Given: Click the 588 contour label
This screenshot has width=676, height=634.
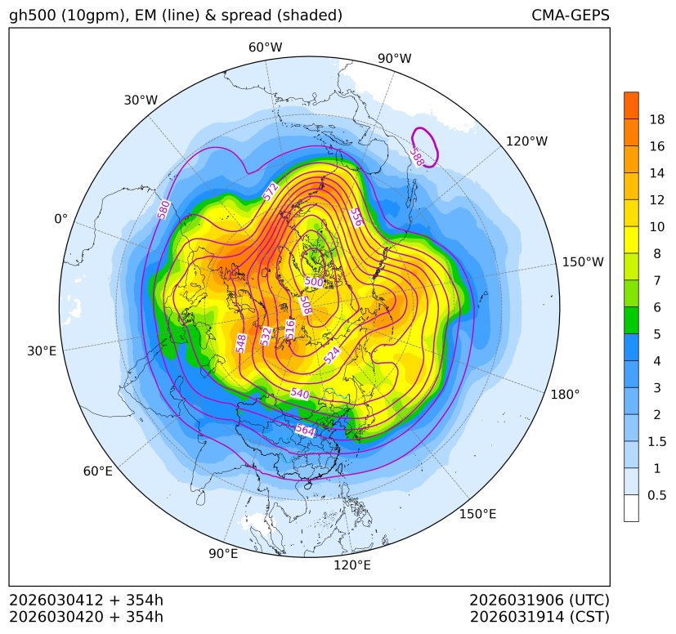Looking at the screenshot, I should pos(417,158).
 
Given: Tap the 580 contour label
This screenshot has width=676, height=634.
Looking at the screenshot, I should pos(163,209).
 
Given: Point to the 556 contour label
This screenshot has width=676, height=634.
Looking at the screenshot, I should pos(356,217).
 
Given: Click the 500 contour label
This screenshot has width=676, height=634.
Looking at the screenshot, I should pos(314,282).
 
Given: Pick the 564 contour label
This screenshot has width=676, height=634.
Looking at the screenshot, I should pos(305,430).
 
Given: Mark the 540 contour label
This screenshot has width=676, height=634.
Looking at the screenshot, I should pos(300,394).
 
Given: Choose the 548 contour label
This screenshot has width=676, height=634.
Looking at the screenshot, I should pos(241,342).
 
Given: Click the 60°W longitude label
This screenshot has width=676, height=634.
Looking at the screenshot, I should pos(265,47).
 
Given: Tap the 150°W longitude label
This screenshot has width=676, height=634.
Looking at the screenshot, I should pos(583,261).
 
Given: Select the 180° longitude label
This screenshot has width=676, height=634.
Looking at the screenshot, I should pos(565,394).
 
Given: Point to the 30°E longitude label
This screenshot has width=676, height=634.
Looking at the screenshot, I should pos(42,351).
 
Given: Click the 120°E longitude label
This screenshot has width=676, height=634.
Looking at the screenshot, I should pos(352,565).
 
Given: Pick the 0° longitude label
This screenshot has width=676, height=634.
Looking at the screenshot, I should pos(60,219).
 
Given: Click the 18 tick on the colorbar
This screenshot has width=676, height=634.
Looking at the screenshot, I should pos(657,119).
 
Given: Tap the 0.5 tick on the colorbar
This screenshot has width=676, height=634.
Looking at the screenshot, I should pos(657,495).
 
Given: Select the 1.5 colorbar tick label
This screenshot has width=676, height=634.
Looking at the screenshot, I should pos(657,441).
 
